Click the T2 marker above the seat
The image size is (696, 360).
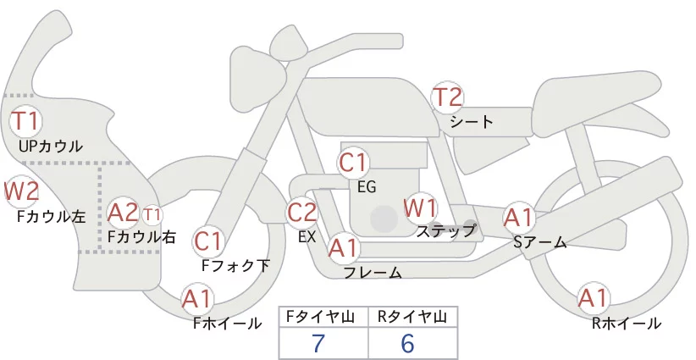pyautogui.click(x=447, y=97)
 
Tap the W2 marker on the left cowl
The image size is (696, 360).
pyautogui.click(x=21, y=191)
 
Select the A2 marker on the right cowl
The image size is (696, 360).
pyautogui.click(x=124, y=213)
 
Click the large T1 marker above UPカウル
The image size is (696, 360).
pyautogui.click(x=25, y=120)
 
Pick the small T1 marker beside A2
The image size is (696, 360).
pyautogui.click(x=152, y=215)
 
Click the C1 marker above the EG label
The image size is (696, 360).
pyautogui.click(x=352, y=163)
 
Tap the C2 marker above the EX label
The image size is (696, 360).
pyautogui.click(x=301, y=212)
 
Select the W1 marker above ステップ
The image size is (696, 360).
pyautogui.click(x=420, y=208)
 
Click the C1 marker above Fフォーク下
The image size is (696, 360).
pyautogui.click(x=207, y=242)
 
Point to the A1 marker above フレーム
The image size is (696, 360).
pyautogui.click(x=343, y=248)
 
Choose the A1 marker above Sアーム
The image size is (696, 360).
pyautogui.click(x=518, y=218)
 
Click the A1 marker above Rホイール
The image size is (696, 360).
pyautogui.click(x=593, y=298)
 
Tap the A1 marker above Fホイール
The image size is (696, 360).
pyautogui.click(x=197, y=299)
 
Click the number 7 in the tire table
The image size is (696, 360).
pyautogui.click(x=318, y=343)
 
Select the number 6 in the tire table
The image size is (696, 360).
pyautogui.click(x=407, y=343)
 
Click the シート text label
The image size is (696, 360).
pyautogui.click(x=472, y=122)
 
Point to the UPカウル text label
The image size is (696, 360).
pyautogui.click(x=51, y=146)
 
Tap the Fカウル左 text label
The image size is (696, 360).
pyautogui.click(x=51, y=216)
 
